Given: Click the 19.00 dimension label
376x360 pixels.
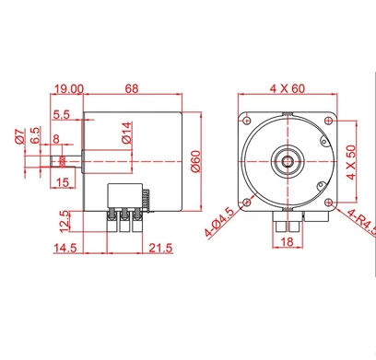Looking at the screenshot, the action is [x=68, y=89].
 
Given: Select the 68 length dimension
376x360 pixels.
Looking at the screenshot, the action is [x=132, y=88].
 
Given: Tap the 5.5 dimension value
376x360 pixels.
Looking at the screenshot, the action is [x=62, y=115].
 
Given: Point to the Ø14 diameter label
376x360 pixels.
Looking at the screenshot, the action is [x=127, y=133].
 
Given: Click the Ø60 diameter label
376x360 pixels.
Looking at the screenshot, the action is [x=195, y=161].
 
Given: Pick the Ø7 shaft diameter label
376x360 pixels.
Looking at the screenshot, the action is [x=20, y=136].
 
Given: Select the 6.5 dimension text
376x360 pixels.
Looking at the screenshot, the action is [x=36, y=135].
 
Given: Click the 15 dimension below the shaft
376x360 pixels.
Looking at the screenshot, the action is [x=56, y=139].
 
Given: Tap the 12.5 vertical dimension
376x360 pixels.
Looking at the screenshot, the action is [x=65, y=221].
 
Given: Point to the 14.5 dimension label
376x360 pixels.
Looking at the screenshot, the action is [x=65, y=248].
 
